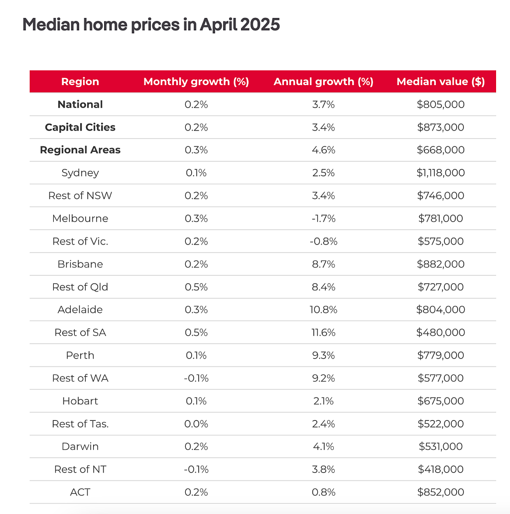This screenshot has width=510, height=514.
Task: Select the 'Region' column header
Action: (x=80, y=82)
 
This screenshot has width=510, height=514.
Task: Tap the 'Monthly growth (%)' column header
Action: (x=196, y=82)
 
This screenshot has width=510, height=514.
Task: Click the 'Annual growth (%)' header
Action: (x=323, y=82)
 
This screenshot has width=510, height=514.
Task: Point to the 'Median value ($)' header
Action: (x=440, y=82)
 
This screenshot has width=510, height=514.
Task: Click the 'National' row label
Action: (x=80, y=104)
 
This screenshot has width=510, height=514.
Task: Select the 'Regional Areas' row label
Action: (x=80, y=150)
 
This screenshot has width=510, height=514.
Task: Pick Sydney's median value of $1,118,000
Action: (x=440, y=173)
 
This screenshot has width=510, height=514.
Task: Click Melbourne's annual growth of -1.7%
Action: (x=323, y=218)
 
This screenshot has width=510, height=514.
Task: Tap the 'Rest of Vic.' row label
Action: (x=80, y=241)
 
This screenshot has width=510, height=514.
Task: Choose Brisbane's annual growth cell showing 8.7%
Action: (x=323, y=264)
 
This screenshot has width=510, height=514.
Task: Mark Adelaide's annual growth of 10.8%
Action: (x=323, y=309)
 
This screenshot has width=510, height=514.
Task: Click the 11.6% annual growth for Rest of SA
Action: (x=323, y=332)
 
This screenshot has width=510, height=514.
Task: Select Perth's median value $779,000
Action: (x=440, y=355)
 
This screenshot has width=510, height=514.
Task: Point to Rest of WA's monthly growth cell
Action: (x=196, y=378)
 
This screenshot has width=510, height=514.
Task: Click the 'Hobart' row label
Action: (x=80, y=401)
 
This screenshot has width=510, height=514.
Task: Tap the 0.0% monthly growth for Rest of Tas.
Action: (x=196, y=424)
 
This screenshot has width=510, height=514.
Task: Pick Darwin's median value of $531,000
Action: (x=440, y=446)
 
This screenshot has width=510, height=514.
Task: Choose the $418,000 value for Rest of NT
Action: (x=440, y=469)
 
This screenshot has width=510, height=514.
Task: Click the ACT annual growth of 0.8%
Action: (x=323, y=492)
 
